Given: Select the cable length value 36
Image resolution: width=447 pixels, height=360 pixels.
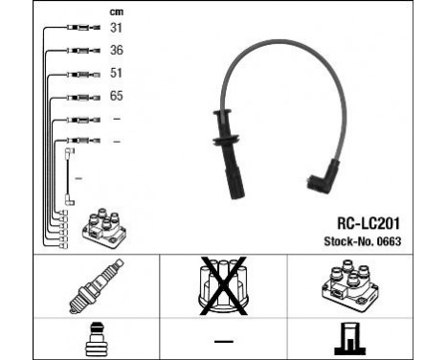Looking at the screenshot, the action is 117,49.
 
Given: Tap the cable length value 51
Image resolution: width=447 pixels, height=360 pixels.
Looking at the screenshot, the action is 117,72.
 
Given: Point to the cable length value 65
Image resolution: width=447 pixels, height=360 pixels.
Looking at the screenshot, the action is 117,96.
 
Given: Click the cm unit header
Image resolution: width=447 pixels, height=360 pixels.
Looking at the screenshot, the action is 117,11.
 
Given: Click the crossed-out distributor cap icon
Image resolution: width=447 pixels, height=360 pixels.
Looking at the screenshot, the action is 223,286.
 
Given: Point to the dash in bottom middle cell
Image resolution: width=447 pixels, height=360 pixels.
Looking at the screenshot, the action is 222,341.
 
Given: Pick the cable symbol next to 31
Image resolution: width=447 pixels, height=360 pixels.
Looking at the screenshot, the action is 78,27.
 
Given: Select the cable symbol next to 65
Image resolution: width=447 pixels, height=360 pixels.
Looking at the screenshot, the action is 78,97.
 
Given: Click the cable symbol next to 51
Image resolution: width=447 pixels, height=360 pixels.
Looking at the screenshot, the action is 78,73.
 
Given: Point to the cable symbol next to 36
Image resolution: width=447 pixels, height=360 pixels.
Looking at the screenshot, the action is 78,50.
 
